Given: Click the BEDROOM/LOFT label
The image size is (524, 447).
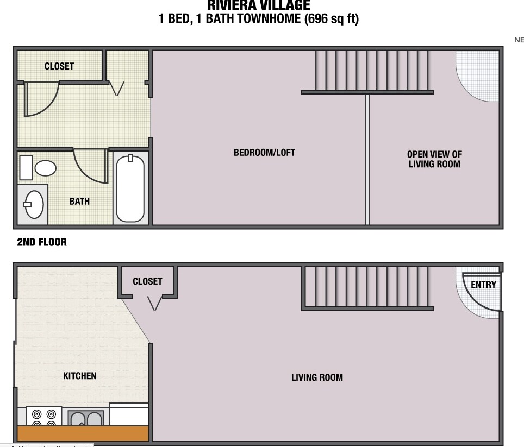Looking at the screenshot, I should (264, 153).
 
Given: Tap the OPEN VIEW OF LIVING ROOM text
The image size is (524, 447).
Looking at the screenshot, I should (434, 159).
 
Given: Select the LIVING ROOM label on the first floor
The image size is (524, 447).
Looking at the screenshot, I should (317, 377).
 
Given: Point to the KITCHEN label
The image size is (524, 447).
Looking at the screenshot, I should (80, 376).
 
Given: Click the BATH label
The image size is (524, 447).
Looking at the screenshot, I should (79, 202).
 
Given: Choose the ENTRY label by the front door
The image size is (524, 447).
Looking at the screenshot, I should (483, 285).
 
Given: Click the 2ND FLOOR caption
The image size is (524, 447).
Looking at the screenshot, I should (42, 242).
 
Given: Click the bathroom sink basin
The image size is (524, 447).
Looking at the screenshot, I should (34, 204).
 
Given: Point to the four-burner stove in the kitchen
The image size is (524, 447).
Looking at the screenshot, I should (43, 417).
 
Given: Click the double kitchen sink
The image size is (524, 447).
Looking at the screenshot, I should (86, 419).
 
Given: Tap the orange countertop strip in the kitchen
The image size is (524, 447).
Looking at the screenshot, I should (83, 433).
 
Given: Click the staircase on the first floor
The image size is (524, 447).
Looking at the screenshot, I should (367, 288).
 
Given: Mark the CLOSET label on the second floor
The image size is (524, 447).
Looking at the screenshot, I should (59, 66).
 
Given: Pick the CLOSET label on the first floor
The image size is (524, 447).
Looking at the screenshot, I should (147, 281).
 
